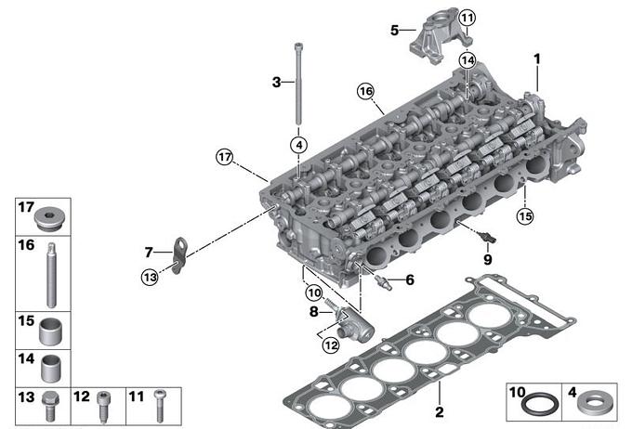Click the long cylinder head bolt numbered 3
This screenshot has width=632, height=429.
pos(298,84)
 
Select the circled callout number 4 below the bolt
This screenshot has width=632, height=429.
pos(298,145)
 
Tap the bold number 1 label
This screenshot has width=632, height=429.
pos(537,59)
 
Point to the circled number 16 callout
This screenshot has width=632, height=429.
pos(365,91)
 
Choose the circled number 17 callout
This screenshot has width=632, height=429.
pos(225,157)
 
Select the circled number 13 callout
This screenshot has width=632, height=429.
pos(150,277)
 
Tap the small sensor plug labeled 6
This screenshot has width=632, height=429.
pos(383,282)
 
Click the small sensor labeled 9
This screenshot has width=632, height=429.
pos(487,238)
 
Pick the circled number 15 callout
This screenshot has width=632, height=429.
pos(525,216)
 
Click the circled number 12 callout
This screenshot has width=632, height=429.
pos(331,345)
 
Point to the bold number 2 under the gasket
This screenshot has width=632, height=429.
pos(440,411)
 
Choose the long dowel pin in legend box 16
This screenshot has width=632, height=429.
pos(51,275)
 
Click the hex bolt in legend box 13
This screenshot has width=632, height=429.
pos(50,406)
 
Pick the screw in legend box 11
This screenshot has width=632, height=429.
pos(160,406)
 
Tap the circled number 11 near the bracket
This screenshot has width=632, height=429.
pos(467,18)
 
